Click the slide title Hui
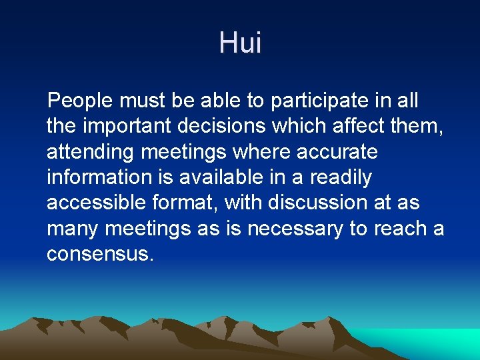[240, 43]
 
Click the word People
[81, 101]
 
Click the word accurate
[339, 152]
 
